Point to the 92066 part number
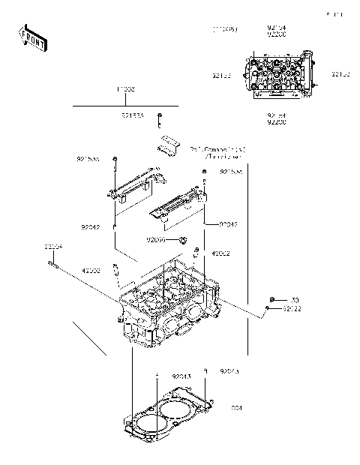156,240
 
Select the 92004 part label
52,247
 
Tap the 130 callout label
294,300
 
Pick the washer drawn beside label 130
274,299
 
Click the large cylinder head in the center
169,307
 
